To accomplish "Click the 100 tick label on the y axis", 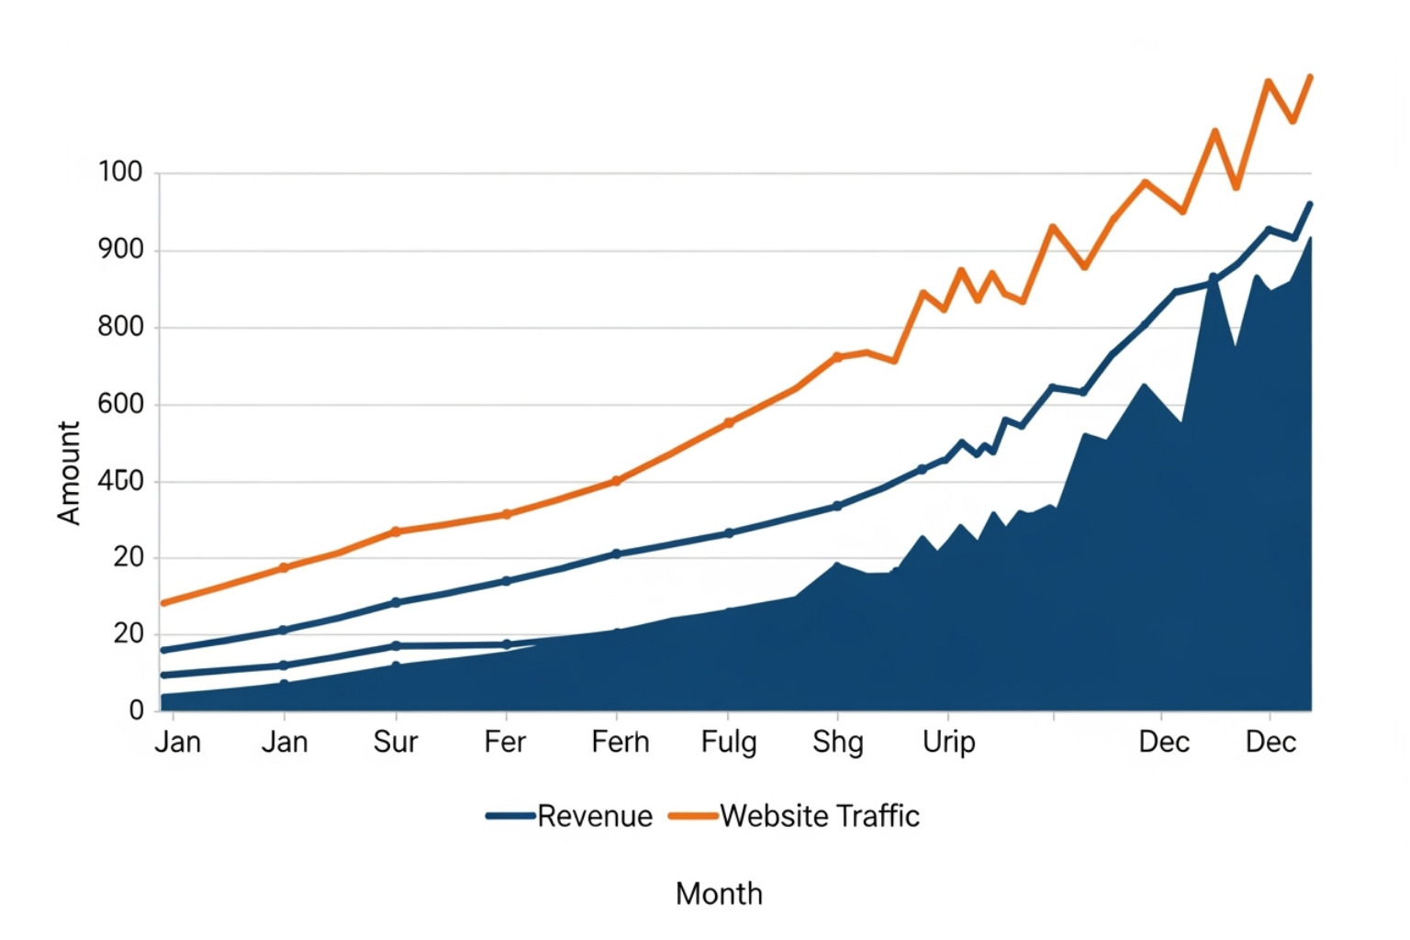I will tap(120, 172).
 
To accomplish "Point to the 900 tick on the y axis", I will tap(120, 249).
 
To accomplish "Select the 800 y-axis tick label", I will tap(120, 326).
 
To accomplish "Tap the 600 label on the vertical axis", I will tap(120, 403).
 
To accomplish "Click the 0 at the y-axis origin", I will tap(136, 710).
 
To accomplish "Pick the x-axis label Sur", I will tap(395, 742).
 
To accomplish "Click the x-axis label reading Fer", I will tap(505, 742).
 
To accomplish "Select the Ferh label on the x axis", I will tap(620, 742).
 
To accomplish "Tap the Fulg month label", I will tap(729, 742).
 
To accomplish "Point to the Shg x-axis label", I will tap(837, 742).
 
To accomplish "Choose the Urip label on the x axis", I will tap(948, 742).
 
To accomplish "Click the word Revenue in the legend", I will tap(595, 816).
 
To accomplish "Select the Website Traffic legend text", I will tap(820, 816).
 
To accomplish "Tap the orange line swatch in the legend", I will tap(693, 815).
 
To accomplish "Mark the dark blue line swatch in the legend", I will tap(510, 815).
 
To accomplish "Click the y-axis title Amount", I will tap(69, 473).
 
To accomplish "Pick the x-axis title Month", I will tap(719, 893).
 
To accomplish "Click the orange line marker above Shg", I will tap(837, 357).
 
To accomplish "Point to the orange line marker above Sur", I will tap(396, 532).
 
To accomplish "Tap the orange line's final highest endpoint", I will tap(1310, 77).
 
